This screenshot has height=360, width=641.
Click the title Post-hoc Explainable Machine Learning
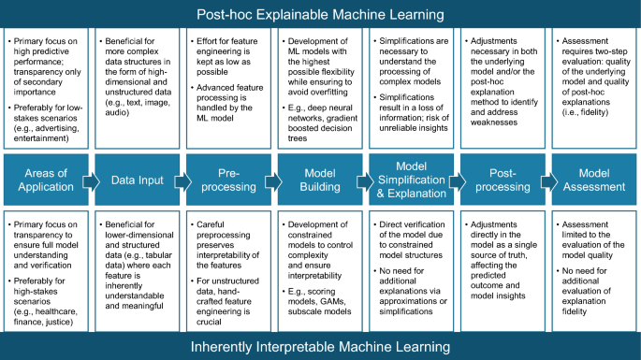point(320,14)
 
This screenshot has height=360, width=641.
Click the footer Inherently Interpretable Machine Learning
point(320,346)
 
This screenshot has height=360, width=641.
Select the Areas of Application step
point(45,180)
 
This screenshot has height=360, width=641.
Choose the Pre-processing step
point(229,180)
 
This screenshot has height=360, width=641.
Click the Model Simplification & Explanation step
point(412,180)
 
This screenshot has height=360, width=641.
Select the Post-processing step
point(503,180)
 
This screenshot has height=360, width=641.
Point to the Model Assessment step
point(593,180)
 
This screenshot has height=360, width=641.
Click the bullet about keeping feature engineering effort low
point(229,59)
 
